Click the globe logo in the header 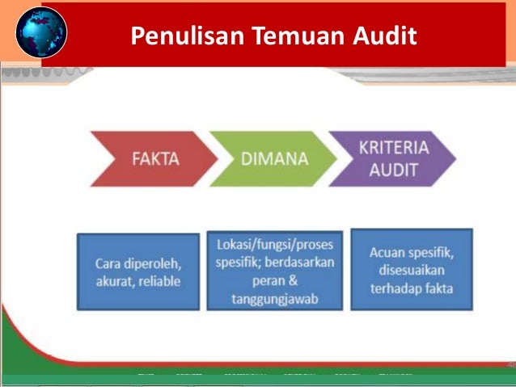click(x=40, y=33)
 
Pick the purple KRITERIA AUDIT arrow click(x=395, y=158)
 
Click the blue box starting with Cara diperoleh click(x=137, y=271)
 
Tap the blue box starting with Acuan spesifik click(x=411, y=269)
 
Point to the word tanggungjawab click(x=274, y=300)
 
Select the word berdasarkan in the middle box click(x=300, y=262)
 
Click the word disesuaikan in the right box click(x=411, y=270)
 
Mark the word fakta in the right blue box click(x=437, y=288)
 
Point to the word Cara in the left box click(x=109, y=263)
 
